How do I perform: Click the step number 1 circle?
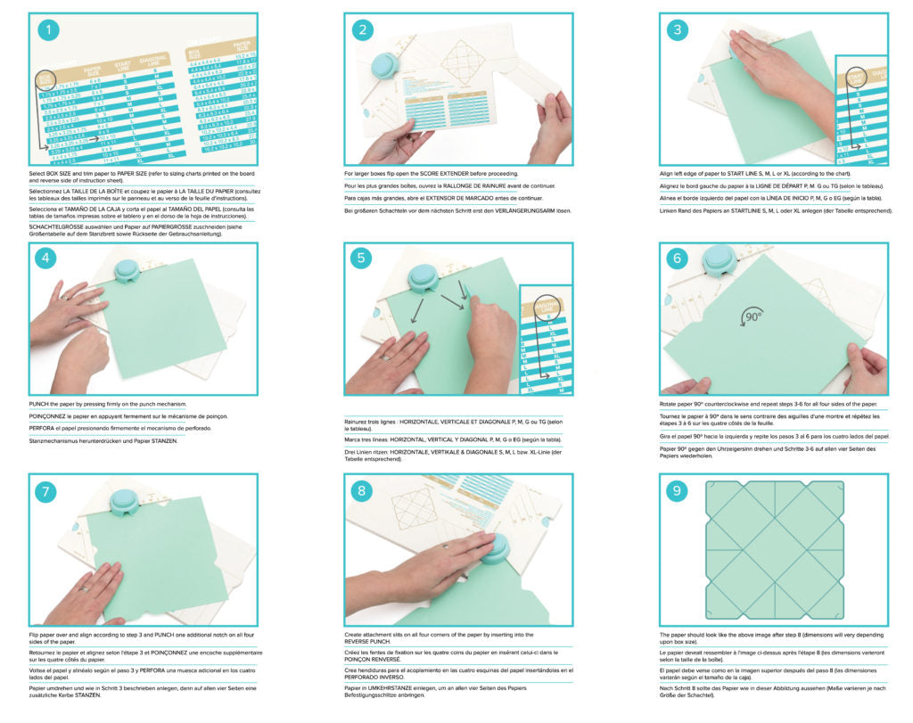click(50, 32)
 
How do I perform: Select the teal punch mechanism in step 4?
click(127, 270)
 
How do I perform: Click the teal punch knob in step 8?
click(498, 546)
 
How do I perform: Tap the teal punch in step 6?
click(719, 260)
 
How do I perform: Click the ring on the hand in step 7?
click(84, 587)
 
